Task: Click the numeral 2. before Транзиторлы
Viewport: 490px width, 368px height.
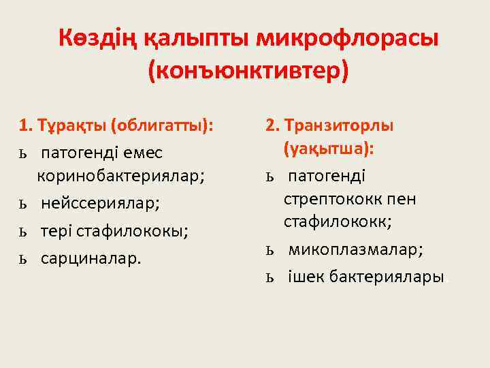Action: [273, 126]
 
